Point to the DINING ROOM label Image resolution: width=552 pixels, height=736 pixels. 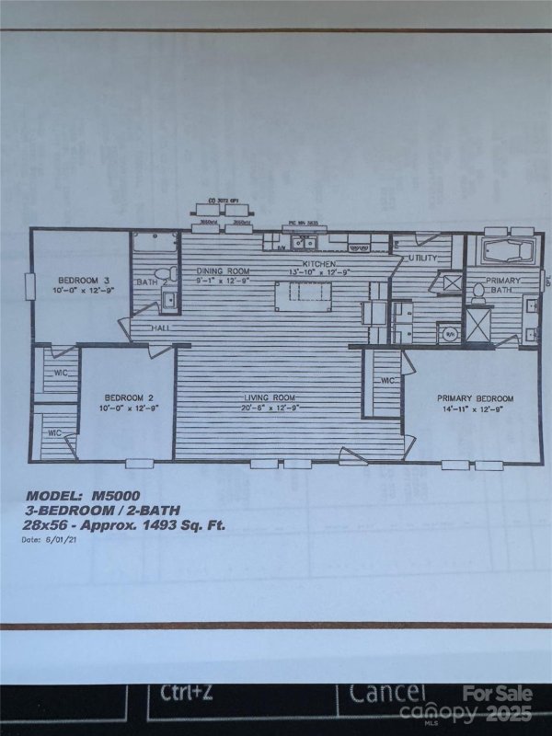[x=223, y=271]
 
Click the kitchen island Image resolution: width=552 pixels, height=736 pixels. [x=308, y=293]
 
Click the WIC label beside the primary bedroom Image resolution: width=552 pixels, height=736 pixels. [x=387, y=380]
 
